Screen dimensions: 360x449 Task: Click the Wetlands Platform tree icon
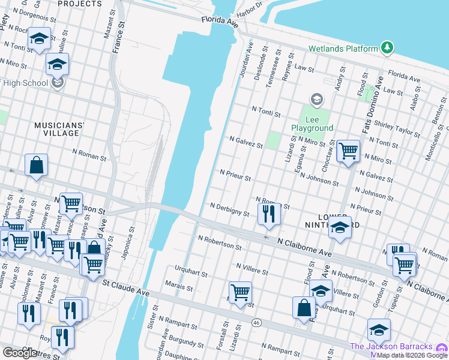pos(387,48)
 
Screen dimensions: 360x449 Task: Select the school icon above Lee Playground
pos(316,99)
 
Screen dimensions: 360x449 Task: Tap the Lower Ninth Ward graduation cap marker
pos(340,228)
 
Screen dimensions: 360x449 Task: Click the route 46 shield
pos(256,323)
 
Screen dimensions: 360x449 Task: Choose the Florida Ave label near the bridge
pos(220,22)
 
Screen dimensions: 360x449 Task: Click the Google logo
pos(20,353)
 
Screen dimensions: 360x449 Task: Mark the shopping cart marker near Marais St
pos(240,292)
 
